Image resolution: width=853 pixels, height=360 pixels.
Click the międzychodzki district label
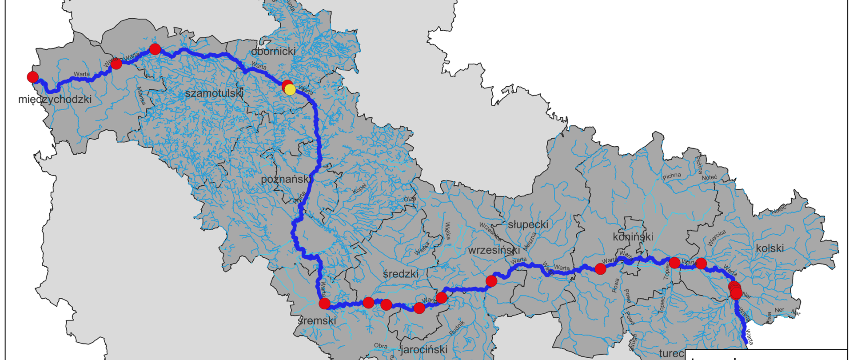[x=55, y=99]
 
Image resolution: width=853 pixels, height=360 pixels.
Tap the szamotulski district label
[x=214, y=93]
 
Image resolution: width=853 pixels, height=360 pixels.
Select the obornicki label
[x=273, y=52]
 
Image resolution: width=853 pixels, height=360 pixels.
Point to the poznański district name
[x=285, y=179]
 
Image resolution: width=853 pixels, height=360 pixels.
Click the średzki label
[x=400, y=274]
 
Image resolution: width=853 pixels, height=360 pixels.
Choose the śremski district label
[x=317, y=320]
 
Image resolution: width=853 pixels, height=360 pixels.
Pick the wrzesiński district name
[x=494, y=250]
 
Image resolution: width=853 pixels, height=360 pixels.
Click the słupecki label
[x=528, y=224]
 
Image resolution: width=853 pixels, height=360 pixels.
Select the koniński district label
[x=633, y=236]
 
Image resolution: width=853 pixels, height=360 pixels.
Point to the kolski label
[x=769, y=248]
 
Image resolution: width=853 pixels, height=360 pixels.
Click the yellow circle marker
[x=290, y=90]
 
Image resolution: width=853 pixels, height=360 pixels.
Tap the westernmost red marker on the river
[x=33, y=77]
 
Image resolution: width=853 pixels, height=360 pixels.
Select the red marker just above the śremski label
[x=325, y=304]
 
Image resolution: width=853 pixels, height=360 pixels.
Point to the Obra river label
[x=380, y=346]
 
